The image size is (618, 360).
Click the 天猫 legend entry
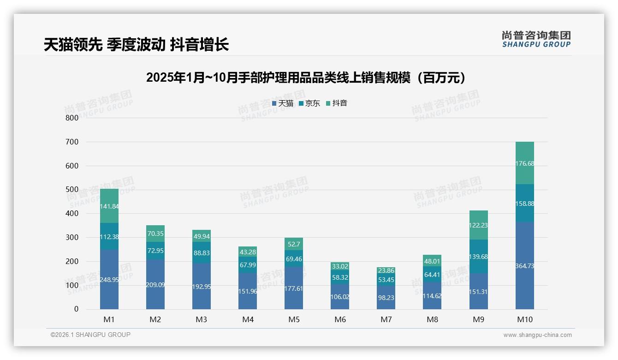pyautogui.click(x=282, y=103)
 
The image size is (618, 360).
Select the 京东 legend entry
pyautogui.click(x=309, y=103)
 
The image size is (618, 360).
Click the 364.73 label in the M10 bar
pyautogui.click(x=524, y=266)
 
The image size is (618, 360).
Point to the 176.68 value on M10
pyautogui.click(x=524, y=163)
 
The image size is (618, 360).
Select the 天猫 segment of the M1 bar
pyautogui.click(x=109, y=279)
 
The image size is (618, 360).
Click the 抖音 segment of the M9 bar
pyautogui.click(x=478, y=225)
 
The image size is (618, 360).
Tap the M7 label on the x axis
pyautogui.click(x=386, y=319)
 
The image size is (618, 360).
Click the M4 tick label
pyautogui.click(x=248, y=319)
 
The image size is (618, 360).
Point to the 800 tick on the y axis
pyautogui.click(x=72, y=118)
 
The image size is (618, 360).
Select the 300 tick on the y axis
pyautogui.click(x=72, y=237)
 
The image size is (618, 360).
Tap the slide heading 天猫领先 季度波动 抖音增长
pyautogui.click(x=137, y=45)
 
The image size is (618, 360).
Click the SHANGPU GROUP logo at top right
pyautogui.click(x=536, y=39)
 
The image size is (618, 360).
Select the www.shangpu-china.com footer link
pyautogui.click(x=537, y=335)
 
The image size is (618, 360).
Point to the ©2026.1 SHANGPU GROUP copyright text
pyautogui.click(x=90, y=335)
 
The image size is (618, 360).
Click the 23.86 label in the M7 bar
pyautogui.click(x=386, y=271)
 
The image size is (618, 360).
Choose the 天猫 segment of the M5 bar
pyautogui.click(x=294, y=288)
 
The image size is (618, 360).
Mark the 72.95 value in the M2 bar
pyautogui.click(x=155, y=251)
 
